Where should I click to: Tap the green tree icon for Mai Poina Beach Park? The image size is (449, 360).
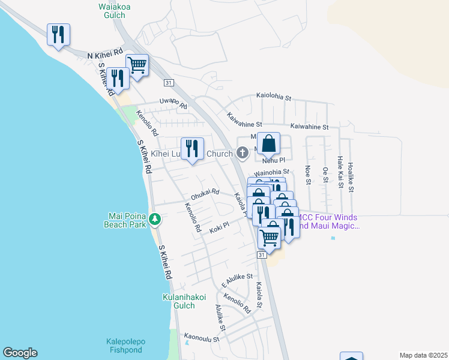(155, 220)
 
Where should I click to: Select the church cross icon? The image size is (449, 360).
(243, 153)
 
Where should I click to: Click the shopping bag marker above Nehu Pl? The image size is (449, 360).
(269, 145)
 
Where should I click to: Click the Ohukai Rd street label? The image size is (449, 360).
(205, 195)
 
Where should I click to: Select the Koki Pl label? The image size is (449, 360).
(219, 229)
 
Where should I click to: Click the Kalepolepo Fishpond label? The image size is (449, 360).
(131, 346)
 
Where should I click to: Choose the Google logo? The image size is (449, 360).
(20, 353)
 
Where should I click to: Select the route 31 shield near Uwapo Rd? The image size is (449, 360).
(169, 83)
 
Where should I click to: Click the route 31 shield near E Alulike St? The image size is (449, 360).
(262, 255)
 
